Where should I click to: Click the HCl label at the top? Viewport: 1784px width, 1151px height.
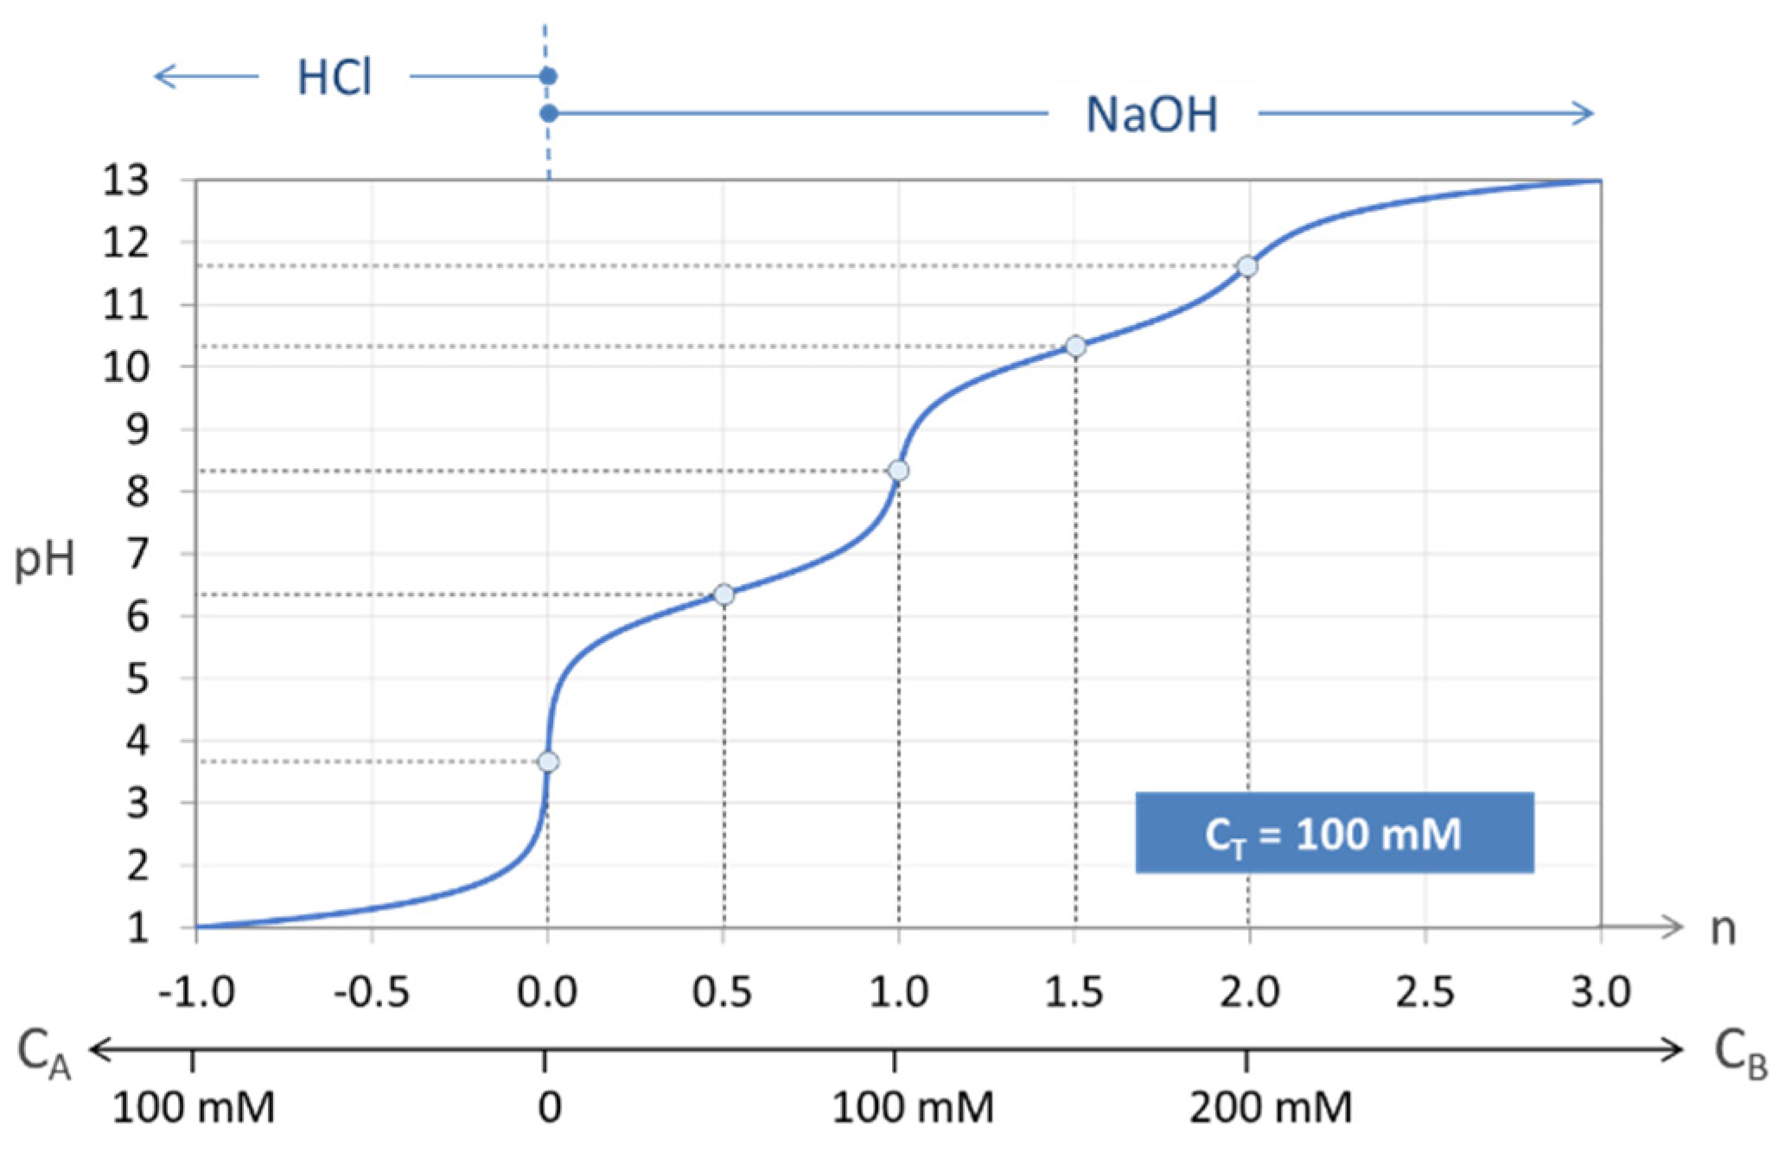coord(334,79)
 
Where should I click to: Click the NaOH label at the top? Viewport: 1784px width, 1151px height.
coord(1151,115)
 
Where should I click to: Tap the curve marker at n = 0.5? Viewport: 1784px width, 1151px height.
coord(724,595)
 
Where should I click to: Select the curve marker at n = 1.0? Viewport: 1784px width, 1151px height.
coord(899,471)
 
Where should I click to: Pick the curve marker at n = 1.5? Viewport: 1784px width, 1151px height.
coord(1075,347)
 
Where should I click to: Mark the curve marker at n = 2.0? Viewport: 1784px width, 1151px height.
coord(1247,266)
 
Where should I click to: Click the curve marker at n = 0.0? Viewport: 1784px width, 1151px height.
coord(548,761)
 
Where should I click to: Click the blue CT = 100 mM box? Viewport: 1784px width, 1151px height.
coord(1334,833)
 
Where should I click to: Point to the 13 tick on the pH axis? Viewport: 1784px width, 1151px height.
coord(126,182)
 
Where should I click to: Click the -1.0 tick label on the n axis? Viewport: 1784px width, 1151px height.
coord(196,992)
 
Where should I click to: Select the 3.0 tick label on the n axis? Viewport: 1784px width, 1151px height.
coord(1601,992)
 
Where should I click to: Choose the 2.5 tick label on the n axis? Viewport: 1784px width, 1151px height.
coord(1425,992)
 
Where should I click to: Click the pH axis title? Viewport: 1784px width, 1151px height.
coord(45,561)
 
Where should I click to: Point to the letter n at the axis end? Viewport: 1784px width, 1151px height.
coord(1723,929)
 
